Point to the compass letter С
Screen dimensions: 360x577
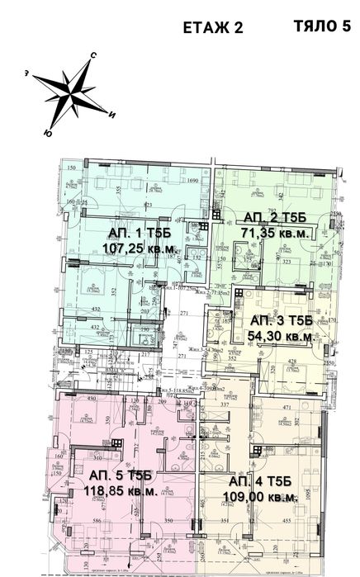pos(93,54)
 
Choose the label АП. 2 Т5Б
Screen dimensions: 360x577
pos(275,218)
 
